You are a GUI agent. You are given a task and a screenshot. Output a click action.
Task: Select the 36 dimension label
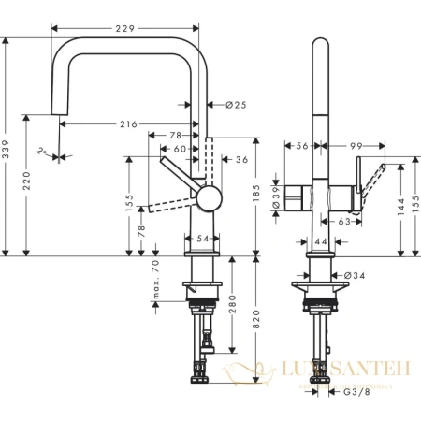pyautogui.click(x=241, y=160)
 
